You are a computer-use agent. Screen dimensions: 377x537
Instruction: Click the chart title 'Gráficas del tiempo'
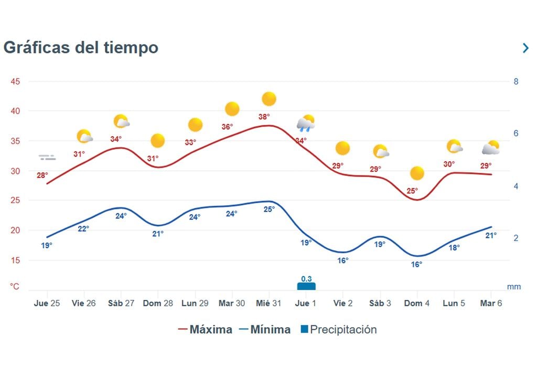click(x=81, y=47)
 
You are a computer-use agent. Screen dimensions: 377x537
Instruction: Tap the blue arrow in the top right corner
click(x=525, y=48)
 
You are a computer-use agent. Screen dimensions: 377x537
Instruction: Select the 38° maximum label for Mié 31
click(x=264, y=117)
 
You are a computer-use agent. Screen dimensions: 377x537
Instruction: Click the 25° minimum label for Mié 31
click(x=269, y=209)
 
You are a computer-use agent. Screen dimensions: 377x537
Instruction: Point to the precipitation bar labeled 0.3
click(x=306, y=286)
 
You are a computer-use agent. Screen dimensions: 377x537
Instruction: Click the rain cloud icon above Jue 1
click(x=306, y=124)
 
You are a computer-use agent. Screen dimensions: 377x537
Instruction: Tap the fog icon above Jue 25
click(x=47, y=157)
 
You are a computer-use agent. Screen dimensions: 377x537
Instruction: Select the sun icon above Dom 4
click(x=417, y=173)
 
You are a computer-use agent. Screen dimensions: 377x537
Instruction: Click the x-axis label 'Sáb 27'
click(x=121, y=304)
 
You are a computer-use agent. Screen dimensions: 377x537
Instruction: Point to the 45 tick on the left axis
click(x=16, y=82)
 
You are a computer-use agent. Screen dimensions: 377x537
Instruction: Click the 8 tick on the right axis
click(x=516, y=82)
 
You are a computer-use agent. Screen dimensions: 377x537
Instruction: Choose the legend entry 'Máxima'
click(x=205, y=329)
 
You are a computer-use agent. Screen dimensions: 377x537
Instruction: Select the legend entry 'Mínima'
click(x=264, y=329)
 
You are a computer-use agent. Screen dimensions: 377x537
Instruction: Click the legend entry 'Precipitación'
click(x=338, y=329)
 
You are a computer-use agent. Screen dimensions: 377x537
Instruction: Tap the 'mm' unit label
click(x=514, y=287)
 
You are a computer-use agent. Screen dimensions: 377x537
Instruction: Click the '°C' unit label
click(x=15, y=287)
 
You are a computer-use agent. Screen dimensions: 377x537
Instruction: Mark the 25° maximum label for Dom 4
click(x=412, y=191)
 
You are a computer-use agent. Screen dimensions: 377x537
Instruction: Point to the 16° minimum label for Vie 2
click(x=342, y=260)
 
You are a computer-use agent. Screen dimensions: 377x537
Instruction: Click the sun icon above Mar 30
click(x=232, y=109)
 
